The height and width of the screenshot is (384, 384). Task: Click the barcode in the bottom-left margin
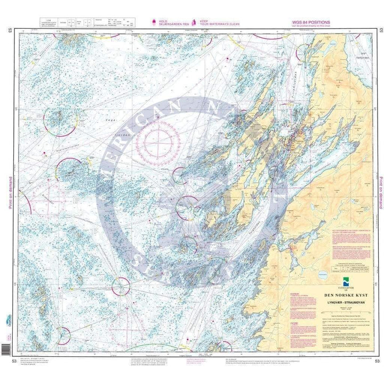pos(7,349)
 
